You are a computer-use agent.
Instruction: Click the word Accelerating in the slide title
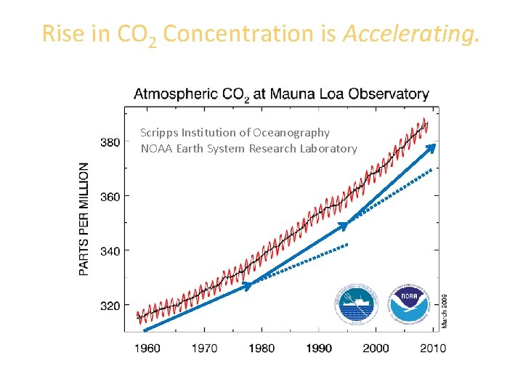[412, 33]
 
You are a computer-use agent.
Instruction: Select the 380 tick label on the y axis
[110, 142]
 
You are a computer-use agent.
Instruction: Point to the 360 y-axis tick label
[110, 196]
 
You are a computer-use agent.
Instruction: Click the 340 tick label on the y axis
[110, 250]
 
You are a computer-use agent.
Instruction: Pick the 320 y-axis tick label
[110, 306]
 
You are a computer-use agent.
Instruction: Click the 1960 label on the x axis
[147, 348]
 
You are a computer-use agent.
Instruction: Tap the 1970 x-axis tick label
[204, 348]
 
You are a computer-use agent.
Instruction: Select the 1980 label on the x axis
[261, 348]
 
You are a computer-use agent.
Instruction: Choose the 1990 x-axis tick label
[319, 348]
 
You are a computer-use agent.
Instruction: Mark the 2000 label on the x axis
[376, 348]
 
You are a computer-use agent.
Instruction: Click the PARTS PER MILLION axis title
[85, 218]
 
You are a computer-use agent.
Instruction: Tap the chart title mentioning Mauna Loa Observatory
[281, 94]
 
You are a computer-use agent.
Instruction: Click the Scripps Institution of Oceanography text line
[235, 133]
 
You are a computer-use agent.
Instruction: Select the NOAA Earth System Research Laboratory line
[249, 149]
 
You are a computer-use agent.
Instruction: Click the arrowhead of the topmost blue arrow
[431, 148]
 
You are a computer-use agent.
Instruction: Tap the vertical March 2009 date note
[445, 310]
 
